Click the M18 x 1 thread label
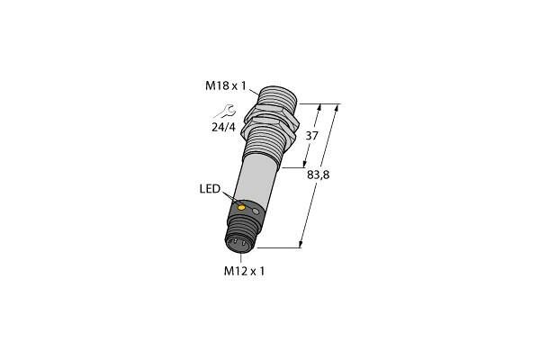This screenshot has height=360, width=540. (x=226, y=85)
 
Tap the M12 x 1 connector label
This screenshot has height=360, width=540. (x=244, y=272)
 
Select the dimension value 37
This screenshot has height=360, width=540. (x=311, y=136)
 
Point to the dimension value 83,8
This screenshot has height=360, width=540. (x=319, y=175)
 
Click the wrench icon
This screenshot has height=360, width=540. (x=225, y=112)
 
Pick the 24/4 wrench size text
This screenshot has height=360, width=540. (x=223, y=128)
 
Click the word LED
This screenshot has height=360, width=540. (x=210, y=189)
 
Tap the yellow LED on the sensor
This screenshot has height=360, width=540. (x=242, y=207)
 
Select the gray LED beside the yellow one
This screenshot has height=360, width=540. (x=256, y=211)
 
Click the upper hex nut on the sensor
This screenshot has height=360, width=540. (x=272, y=116)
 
